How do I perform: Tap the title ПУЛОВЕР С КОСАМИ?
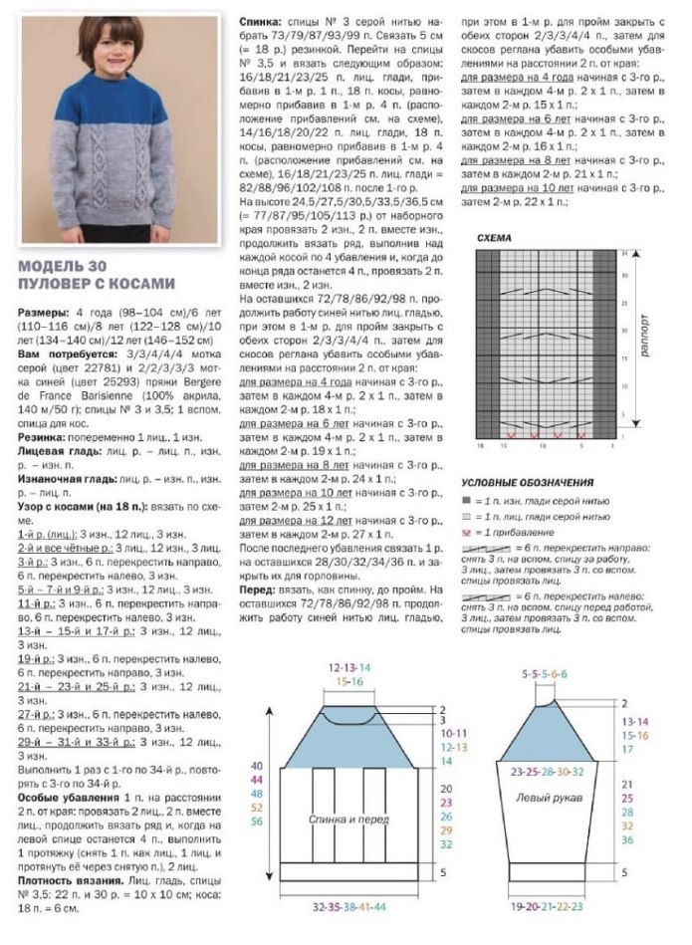[97, 282]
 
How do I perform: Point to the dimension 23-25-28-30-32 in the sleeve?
[545, 771]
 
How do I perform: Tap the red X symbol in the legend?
[466, 533]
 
